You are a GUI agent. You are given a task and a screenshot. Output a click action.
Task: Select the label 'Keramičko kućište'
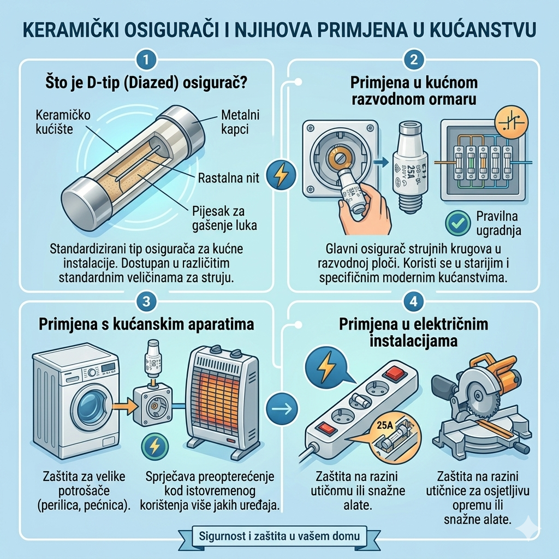63,123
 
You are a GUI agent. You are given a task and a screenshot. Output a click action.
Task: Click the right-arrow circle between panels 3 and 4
282,408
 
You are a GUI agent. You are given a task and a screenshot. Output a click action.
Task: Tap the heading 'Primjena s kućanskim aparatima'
146,324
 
